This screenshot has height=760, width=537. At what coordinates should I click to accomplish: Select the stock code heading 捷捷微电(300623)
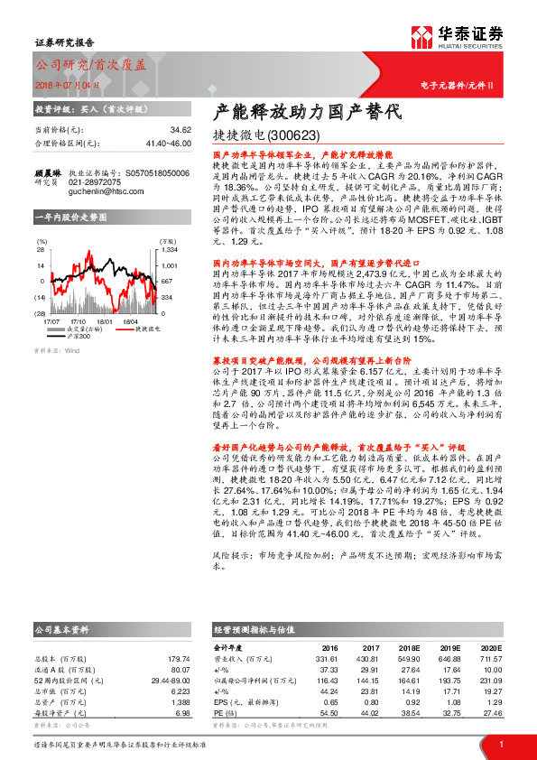[x=265, y=136]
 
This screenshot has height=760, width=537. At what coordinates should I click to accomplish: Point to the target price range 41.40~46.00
[x=168, y=144]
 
